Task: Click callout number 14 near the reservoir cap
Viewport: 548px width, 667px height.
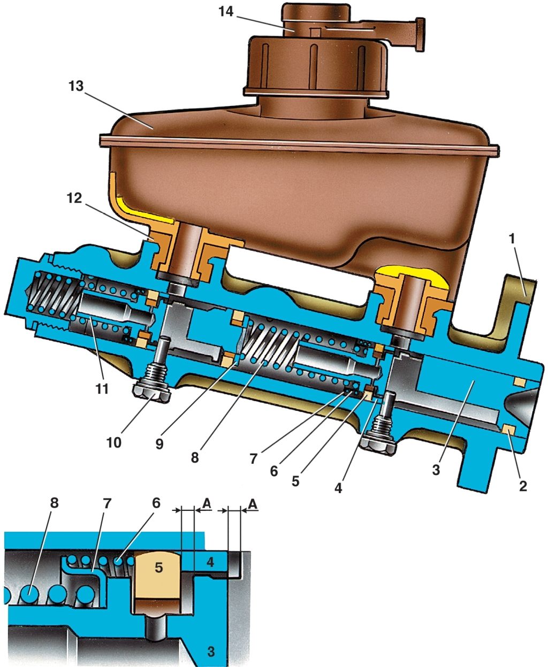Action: pyautogui.click(x=226, y=12)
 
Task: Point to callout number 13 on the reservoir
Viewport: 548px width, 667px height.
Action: pyautogui.click(x=76, y=86)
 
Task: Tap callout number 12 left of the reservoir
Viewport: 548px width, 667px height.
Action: pyautogui.click(x=74, y=198)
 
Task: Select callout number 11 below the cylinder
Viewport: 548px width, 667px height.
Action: pyautogui.click(x=102, y=389)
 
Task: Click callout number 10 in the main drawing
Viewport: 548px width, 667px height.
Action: pyautogui.click(x=114, y=443)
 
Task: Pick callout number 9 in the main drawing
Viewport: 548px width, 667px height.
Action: pyautogui.click(x=159, y=444)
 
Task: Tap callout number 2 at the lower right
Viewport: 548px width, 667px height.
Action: pyautogui.click(x=523, y=486)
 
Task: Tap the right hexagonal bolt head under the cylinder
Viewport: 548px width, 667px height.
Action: pyautogui.click(x=378, y=446)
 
